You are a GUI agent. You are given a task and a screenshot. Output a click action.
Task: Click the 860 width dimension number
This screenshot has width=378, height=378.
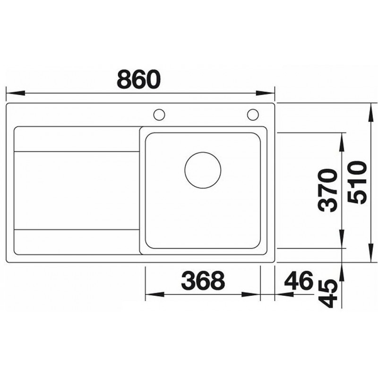point(138,79)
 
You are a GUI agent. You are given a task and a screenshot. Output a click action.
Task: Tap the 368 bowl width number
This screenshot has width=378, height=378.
point(203,280)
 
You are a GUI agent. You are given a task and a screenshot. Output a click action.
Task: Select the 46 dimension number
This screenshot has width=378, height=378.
point(299,280)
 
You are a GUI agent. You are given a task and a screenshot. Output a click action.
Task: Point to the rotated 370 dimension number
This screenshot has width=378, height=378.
point(327,190)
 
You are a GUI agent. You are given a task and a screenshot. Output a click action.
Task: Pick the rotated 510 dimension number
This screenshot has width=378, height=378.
point(357,183)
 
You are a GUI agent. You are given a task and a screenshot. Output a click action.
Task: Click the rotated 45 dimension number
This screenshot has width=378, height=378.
point(328,294)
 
